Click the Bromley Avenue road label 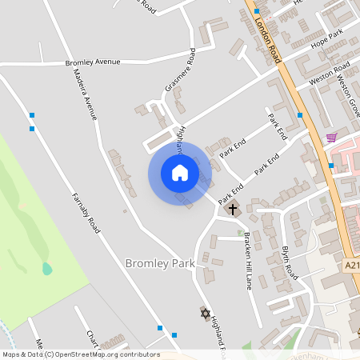pos(93,62)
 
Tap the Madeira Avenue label pos(84,94)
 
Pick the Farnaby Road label pos(85,212)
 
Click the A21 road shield pos(353,265)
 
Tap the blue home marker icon pos(179,173)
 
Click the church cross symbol pos(233,210)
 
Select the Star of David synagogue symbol pos(202,312)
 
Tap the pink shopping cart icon pos(330,138)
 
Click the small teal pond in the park pos(47,269)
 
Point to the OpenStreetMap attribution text pos(80,354)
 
